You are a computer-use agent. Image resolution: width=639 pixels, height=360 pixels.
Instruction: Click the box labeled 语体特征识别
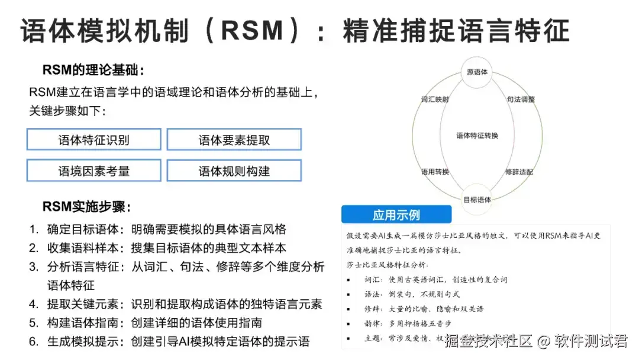click(x=93, y=140)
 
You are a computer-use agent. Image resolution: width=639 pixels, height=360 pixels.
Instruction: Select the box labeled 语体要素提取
click(x=234, y=140)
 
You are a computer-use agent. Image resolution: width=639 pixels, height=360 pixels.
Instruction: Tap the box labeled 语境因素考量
click(x=93, y=171)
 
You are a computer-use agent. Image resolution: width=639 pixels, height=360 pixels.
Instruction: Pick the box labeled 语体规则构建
click(x=234, y=171)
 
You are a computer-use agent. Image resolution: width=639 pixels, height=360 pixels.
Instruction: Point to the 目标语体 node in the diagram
click(x=477, y=200)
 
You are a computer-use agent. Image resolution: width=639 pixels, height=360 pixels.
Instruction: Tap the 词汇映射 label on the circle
click(x=435, y=99)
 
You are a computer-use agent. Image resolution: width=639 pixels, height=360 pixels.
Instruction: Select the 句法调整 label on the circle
click(x=521, y=99)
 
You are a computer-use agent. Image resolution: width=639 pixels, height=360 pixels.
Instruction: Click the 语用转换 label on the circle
click(x=435, y=172)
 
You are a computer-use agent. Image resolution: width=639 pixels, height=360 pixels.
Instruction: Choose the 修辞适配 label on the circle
click(x=519, y=172)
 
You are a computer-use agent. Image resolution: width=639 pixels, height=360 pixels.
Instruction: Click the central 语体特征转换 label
click(x=477, y=136)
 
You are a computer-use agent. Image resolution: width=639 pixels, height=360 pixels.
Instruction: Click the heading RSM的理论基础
click(x=93, y=70)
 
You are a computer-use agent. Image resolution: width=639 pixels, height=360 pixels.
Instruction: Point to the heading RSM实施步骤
click(x=86, y=207)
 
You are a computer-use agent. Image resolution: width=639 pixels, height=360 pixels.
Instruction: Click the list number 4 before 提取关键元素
click(x=34, y=304)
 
